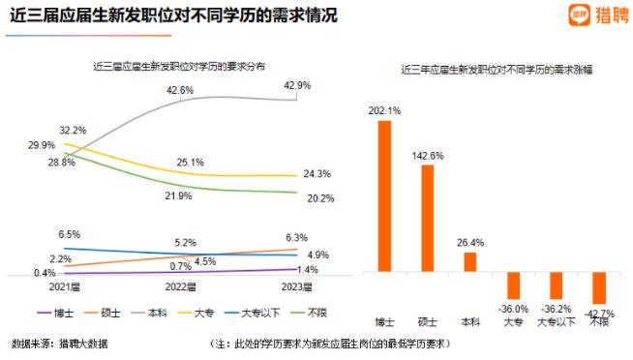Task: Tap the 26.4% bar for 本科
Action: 469,261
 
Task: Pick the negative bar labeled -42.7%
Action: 598,287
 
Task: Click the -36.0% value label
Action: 513,308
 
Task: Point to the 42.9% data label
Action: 298,85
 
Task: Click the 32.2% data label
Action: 74,129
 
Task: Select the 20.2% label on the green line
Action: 293,199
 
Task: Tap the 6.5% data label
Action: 70,235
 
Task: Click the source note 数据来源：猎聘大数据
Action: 60,343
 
